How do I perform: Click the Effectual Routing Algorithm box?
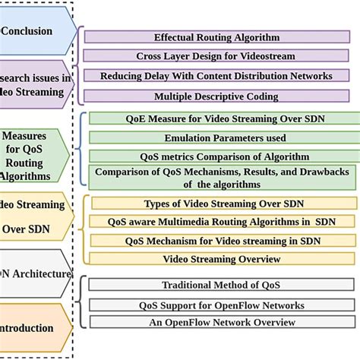(216, 36)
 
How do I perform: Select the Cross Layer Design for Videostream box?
(216, 55)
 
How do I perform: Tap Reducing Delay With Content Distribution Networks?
(216, 75)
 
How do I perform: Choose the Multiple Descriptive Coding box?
(216, 96)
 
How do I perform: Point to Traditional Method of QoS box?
(222, 285)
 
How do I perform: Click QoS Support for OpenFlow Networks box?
(222, 305)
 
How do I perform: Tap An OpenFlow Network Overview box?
(222, 322)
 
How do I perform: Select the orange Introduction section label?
(30, 328)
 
